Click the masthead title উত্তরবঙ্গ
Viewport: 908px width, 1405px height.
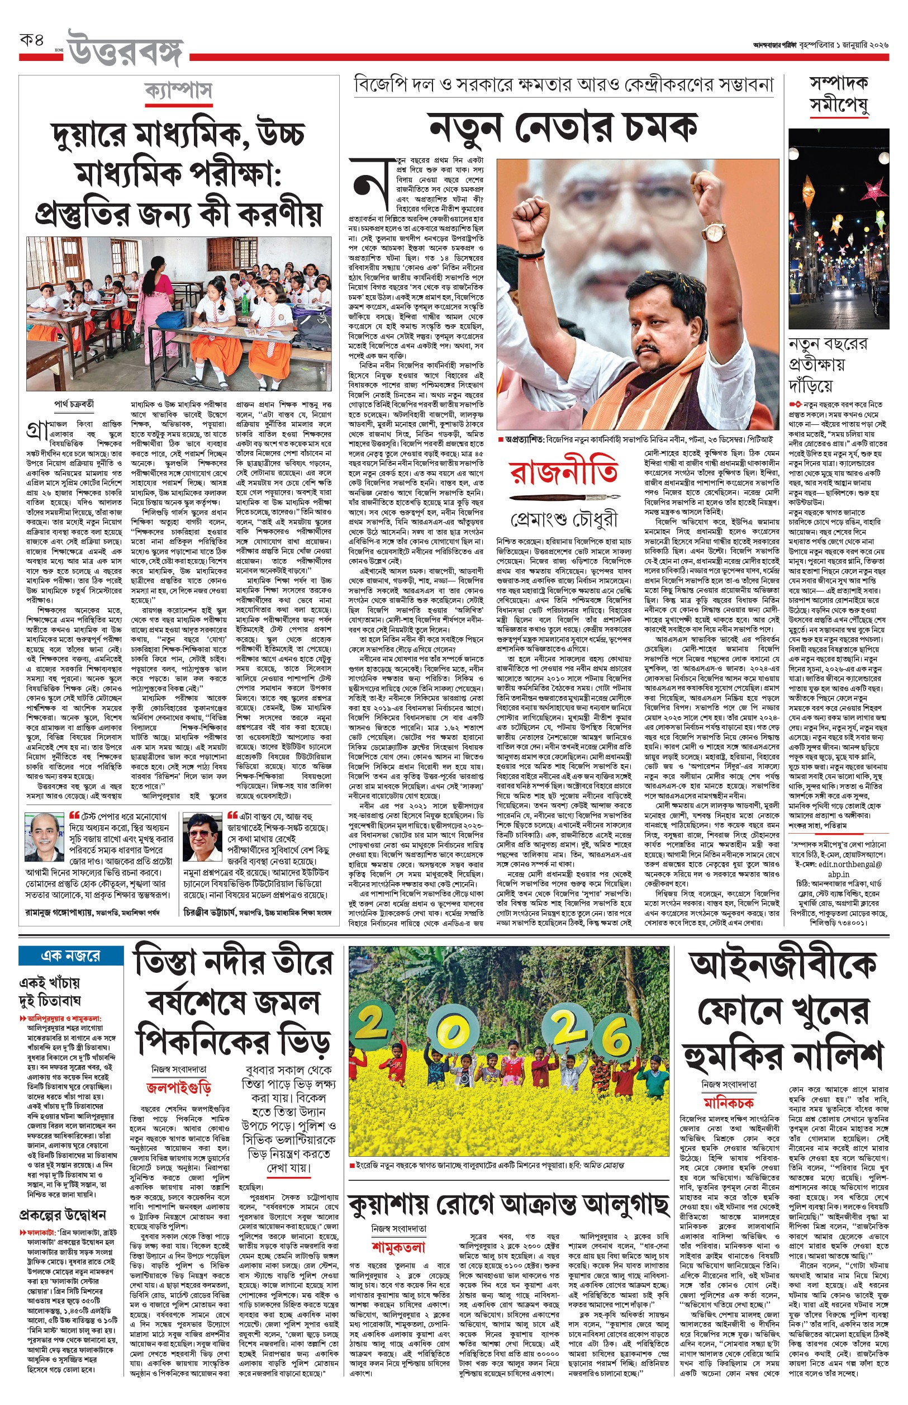click(x=126, y=50)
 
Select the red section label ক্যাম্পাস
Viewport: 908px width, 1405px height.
click(x=178, y=92)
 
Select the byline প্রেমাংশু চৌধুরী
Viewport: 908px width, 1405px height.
click(x=564, y=519)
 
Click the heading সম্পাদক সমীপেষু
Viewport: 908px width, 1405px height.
click(x=838, y=94)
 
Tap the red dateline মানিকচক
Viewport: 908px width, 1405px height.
click(x=729, y=1103)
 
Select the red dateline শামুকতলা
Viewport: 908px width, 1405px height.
click(x=398, y=1247)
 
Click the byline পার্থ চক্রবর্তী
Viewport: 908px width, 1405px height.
click(x=74, y=405)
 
